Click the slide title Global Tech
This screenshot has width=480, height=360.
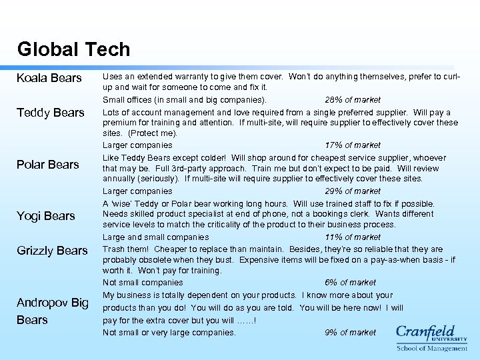[x=73, y=49]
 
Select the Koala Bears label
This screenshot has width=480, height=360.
[x=49, y=79]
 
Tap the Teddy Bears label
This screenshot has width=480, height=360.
[x=51, y=113]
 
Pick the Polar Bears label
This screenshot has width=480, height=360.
[x=49, y=165]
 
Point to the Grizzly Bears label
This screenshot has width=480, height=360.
[x=53, y=251]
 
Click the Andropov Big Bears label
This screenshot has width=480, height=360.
[x=53, y=311]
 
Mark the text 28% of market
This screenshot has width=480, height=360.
[x=352, y=100]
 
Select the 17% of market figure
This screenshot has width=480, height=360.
[x=353, y=145]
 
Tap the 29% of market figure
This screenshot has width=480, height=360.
[x=353, y=191]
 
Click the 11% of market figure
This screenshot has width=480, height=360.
[x=353, y=237]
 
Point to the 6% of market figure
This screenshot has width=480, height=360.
[x=350, y=283]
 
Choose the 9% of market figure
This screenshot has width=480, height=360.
[x=350, y=333]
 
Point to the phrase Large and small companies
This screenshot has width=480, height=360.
[x=155, y=237]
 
